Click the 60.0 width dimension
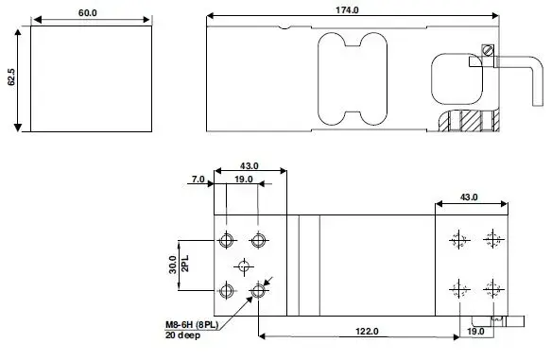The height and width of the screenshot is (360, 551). click(88, 13)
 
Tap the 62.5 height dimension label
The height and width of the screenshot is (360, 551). click(11, 77)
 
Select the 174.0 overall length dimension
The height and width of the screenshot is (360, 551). click(347, 10)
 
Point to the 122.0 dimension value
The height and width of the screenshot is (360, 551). click(367, 332)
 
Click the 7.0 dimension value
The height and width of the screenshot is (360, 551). click(198, 180)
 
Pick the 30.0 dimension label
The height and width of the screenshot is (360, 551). click(173, 265)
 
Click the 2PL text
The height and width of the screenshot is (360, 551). click(185, 264)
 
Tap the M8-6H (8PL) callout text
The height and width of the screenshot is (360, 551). click(192, 325)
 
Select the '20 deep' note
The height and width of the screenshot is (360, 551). click(182, 335)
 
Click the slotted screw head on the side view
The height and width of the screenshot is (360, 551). click(488, 50)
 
